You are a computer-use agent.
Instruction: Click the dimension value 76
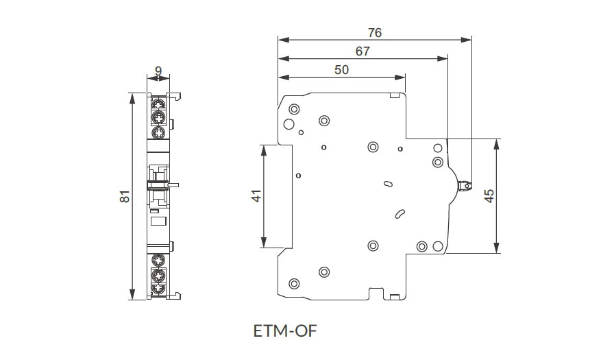point(374,32)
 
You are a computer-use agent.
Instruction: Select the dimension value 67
point(363,51)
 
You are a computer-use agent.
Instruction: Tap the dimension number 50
point(341,69)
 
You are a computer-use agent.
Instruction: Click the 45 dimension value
point(489,196)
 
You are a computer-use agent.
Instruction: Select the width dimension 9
point(158,70)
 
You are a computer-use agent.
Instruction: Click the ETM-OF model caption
point(285,331)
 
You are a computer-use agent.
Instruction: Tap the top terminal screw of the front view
point(158,104)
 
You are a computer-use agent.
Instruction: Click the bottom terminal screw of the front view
point(158,290)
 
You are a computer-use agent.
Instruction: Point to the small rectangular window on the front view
point(158,220)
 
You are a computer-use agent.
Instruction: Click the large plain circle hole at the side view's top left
point(288,124)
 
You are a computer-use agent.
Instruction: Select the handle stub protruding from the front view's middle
point(176,184)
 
